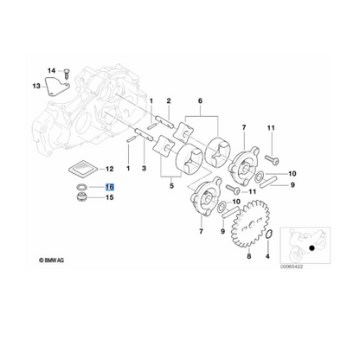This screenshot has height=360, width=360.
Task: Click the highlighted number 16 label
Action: tap(110, 187)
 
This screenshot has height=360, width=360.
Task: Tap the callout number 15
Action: tap(110, 197)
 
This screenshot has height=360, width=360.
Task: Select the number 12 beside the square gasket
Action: tap(110, 169)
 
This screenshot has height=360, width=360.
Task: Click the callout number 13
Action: tap(36, 86)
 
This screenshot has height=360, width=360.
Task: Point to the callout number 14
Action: tap(51, 71)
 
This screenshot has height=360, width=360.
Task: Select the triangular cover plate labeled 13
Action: tap(57, 87)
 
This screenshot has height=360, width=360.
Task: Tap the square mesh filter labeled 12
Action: tap(83, 169)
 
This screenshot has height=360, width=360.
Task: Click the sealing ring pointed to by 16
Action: tap(81, 186)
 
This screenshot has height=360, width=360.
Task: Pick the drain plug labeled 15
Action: tap(81, 197)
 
